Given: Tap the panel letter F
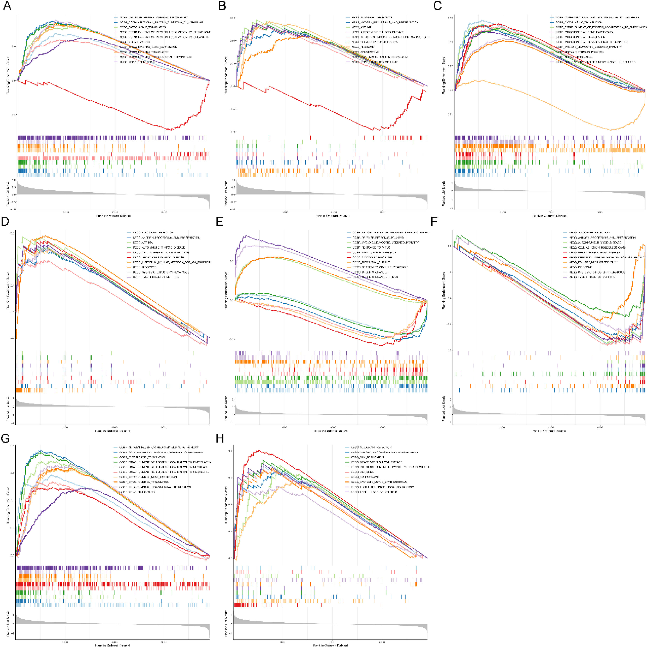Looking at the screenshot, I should point(434,222).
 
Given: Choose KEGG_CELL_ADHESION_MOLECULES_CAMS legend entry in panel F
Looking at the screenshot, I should point(597,247).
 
